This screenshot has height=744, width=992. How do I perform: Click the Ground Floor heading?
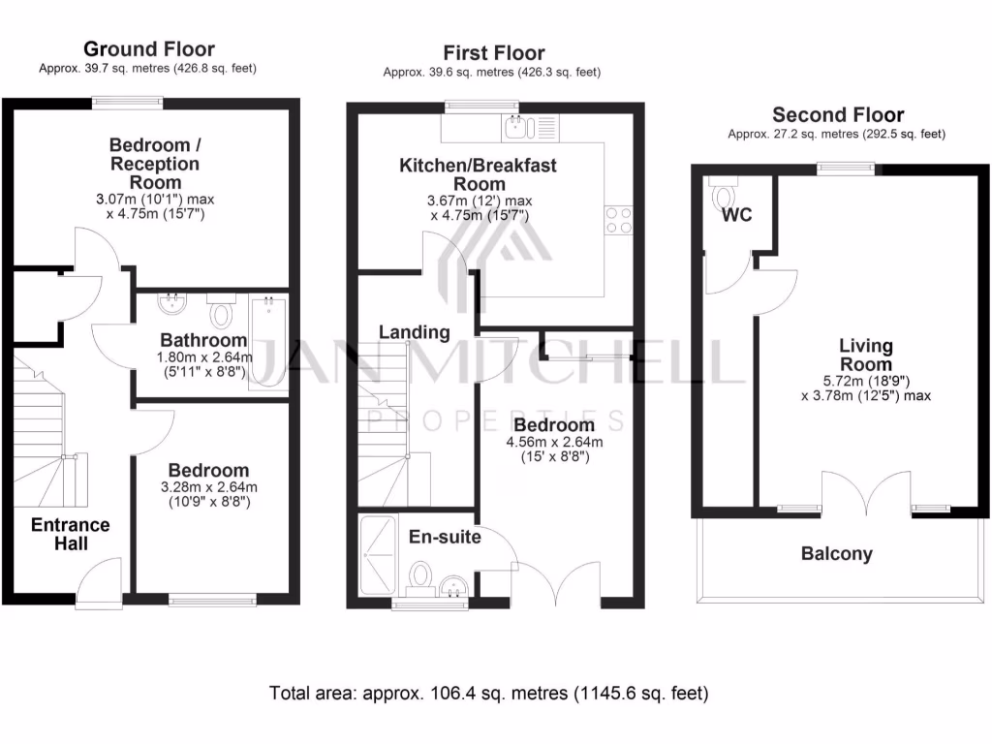(x=149, y=48)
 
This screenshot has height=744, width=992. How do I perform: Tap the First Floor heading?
(x=494, y=52)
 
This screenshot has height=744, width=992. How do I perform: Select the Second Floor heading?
(x=838, y=114)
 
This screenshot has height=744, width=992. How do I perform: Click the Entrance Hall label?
(x=71, y=534)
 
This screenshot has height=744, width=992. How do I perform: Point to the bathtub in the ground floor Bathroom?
(x=266, y=344)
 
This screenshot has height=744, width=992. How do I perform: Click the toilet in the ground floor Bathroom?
(x=222, y=312)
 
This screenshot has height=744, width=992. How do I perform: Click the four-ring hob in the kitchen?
(x=619, y=220)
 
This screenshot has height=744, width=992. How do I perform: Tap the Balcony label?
(x=836, y=555)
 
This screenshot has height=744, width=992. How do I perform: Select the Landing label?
(x=414, y=332)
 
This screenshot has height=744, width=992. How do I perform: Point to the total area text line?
(x=487, y=694)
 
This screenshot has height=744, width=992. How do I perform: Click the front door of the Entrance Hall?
(x=99, y=584)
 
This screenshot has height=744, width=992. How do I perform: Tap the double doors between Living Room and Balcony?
(x=867, y=494)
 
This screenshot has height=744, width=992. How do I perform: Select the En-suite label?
(x=445, y=537)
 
